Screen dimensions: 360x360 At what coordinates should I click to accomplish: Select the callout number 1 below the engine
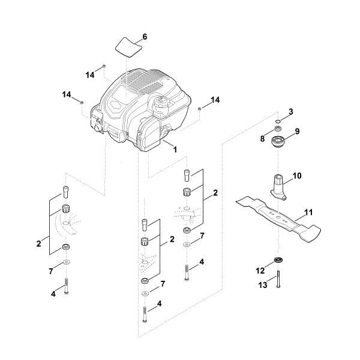[x=175, y=148]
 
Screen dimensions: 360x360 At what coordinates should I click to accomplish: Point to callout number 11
[x=308, y=212]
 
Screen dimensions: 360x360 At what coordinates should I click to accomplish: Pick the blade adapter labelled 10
[x=277, y=184]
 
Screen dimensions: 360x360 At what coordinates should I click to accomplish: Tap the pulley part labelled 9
[x=279, y=143]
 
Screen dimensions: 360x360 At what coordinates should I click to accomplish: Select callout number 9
[x=296, y=131]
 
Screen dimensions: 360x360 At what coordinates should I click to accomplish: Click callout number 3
[x=291, y=112]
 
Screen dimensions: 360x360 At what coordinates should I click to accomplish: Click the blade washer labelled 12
[x=279, y=259]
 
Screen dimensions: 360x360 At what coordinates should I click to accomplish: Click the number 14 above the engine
[x=90, y=76]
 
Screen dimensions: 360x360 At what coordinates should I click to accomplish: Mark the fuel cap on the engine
[x=161, y=103]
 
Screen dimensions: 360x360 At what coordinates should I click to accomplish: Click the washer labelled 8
[x=279, y=128]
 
